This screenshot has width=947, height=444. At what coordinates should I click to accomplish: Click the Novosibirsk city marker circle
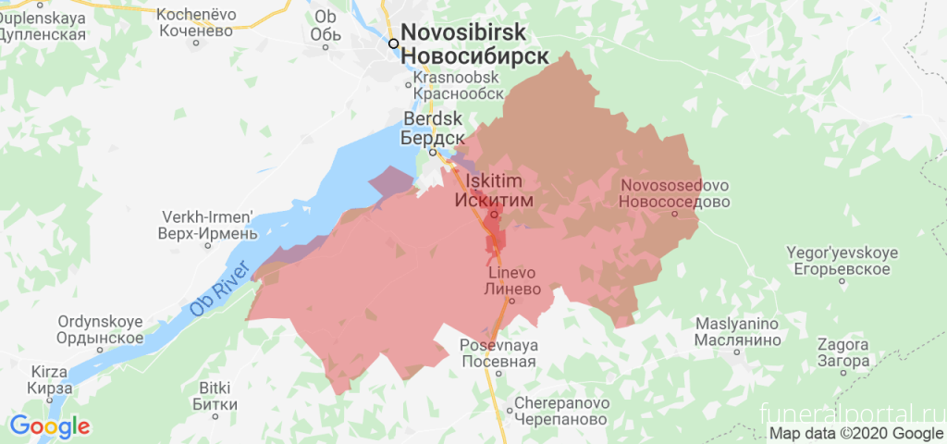click(x=394, y=43)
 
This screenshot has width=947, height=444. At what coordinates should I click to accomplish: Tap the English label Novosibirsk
click(x=476, y=32)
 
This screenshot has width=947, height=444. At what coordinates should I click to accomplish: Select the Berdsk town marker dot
click(x=432, y=153)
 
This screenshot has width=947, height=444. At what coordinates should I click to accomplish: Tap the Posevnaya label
click(x=498, y=352)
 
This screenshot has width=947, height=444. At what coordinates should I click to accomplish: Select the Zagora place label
click(x=843, y=352)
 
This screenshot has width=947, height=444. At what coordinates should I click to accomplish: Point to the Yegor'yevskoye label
click(x=837, y=261)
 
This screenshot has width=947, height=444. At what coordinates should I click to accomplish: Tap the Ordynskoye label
click(x=100, y=329)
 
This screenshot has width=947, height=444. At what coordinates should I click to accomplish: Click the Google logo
click(x=49, y=426)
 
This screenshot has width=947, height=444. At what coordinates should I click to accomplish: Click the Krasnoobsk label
click(x=459, y=86)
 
